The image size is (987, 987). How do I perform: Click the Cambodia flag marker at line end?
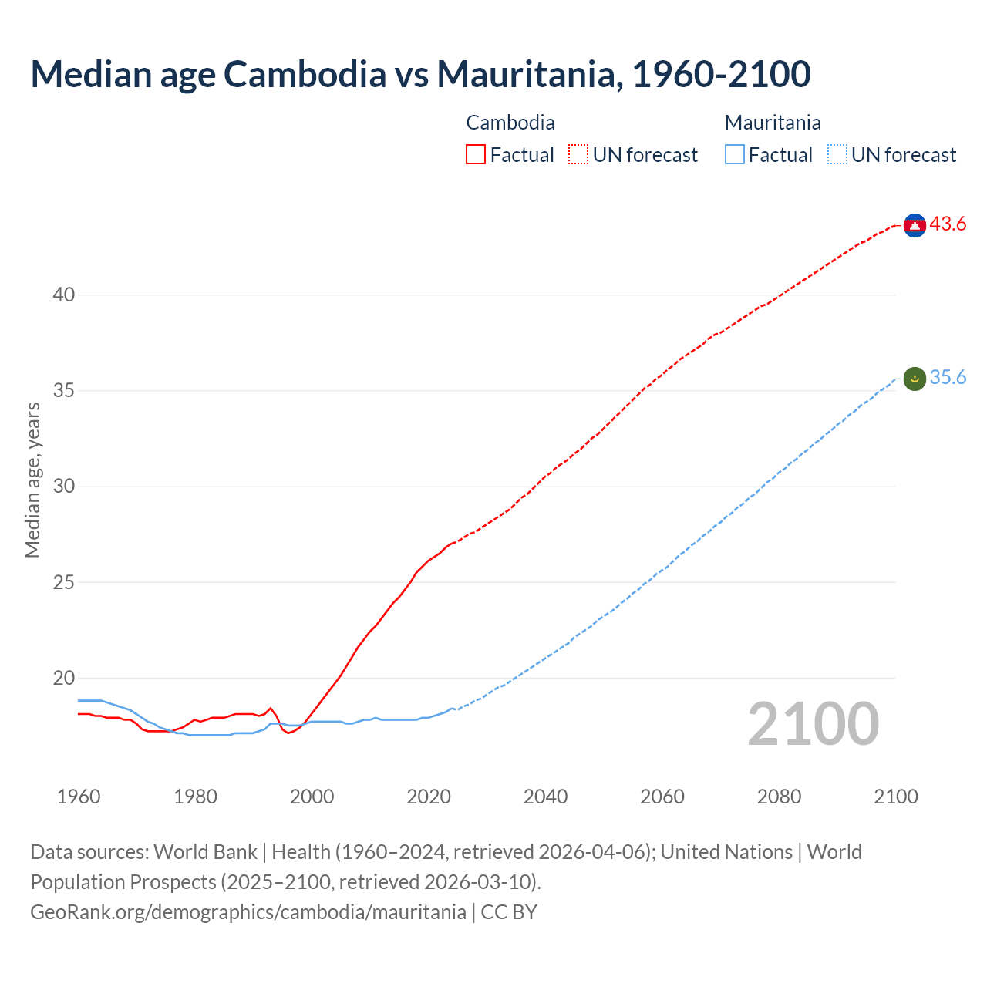coord(915,224)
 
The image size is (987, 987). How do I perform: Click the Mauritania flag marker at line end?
coord(915,379)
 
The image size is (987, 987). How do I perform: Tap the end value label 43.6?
coord(948,224)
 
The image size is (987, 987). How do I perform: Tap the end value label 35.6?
coord(948,378)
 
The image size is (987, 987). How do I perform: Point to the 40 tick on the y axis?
coord(64,295)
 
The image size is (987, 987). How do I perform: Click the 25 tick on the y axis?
coord(64,582)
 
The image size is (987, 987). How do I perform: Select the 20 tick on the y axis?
coord(64,678)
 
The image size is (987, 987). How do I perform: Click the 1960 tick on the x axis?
coord(79,797)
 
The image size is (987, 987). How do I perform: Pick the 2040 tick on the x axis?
coord(545,797)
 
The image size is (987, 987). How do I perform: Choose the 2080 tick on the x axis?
coord(779,797)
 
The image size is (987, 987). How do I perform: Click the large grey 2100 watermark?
coord(813,724)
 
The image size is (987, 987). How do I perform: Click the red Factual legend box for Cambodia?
coord(476,154)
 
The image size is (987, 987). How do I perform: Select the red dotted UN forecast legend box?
coord(578,154)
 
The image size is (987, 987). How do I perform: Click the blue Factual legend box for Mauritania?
coord(735,154)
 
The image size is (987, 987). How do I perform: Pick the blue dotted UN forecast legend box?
coord(837,154)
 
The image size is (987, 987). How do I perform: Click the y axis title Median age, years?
coord(32,480)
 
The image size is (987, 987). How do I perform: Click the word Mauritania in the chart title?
coord(529,74)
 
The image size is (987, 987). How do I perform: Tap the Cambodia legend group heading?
coord(510,123)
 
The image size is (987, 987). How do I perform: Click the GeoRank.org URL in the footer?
coord(248,911)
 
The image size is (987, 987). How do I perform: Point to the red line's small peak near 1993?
coord(270,708)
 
